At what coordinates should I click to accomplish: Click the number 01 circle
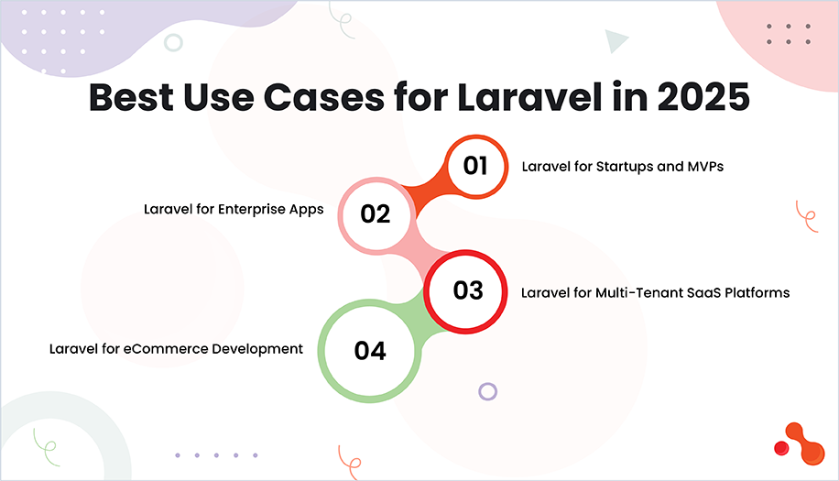pos(475,167)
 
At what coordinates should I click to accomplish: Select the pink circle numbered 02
pos(376,214)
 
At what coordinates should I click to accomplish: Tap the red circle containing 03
pos(468,290)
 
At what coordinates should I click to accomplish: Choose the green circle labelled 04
pos(370,351)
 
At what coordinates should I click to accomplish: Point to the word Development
pos(262,349)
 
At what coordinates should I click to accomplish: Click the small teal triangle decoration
pos(616,40)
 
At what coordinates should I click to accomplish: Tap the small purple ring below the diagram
pos(488,391)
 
